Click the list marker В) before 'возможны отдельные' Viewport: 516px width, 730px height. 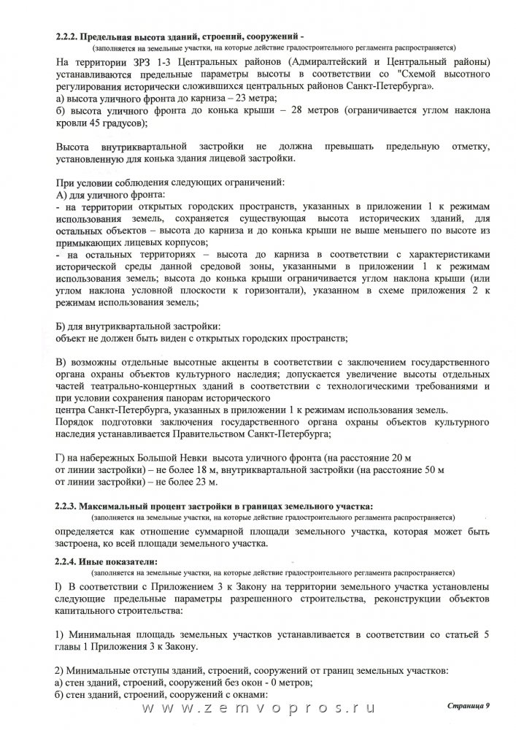[x=61, y=362]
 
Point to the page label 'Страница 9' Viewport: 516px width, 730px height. [x=469, y=708]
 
